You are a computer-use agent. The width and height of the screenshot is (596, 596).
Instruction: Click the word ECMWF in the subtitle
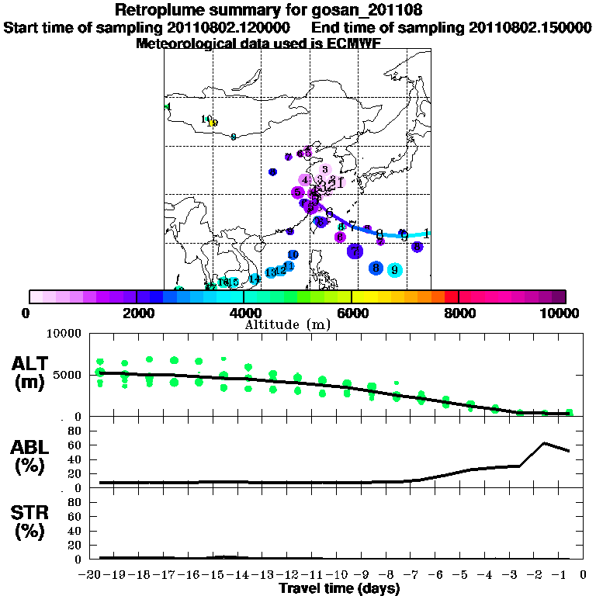[353, 43]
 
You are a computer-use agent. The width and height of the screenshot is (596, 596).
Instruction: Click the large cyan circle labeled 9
[395, 269]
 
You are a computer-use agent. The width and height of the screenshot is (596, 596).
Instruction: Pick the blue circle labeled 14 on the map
[254, 279]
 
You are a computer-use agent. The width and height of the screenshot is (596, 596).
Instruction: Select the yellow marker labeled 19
[213, 123]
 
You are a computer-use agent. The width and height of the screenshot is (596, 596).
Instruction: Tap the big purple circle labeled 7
[355, 251]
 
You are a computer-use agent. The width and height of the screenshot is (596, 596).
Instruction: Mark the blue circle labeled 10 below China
[293, 255]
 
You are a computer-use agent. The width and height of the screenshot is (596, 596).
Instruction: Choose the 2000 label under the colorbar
[136, 314]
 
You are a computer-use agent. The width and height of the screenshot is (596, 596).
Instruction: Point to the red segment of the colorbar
[451, 296]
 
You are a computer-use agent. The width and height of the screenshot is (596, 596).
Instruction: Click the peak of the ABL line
[544, 443]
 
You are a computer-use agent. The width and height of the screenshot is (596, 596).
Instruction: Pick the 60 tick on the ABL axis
[78, 445]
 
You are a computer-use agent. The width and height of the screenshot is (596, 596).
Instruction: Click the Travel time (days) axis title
[339, 589]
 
